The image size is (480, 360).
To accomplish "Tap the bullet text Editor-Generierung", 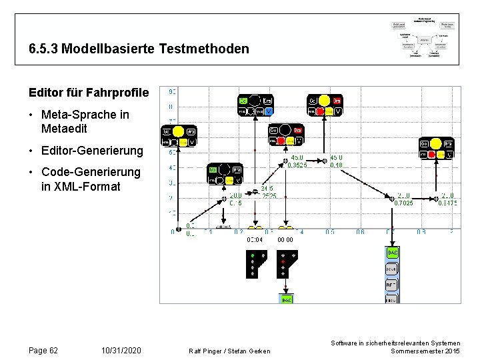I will (x=91, y=151).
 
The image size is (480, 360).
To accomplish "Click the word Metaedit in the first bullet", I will (x=64, y=127).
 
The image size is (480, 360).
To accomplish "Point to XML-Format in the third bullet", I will (x=81, y=187).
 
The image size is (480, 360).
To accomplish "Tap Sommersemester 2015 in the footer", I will (x=425, y=351).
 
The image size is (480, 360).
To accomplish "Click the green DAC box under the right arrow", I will (x=393, y=253).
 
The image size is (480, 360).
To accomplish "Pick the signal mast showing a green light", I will (x=255, y=264).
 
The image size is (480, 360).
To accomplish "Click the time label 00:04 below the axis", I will (x=255, y=239).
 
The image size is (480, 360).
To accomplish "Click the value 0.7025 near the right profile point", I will (x=404, y=203).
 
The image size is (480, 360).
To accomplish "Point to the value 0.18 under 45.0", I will (x=337, y=165).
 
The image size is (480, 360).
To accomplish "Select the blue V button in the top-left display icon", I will (x=269, y=111).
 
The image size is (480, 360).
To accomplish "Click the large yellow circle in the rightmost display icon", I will (x=436, y=143).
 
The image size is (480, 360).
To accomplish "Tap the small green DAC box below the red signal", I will (x=286, y=300).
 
